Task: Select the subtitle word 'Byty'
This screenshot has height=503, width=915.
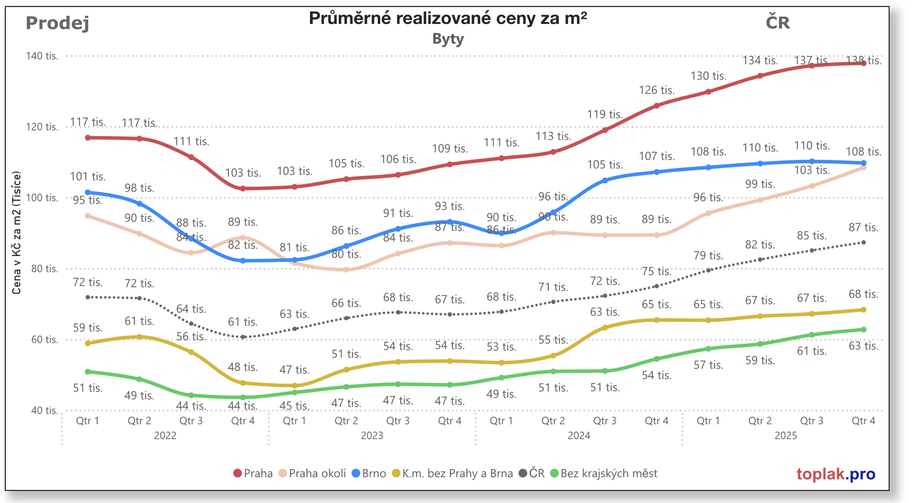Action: (x=447, y=39)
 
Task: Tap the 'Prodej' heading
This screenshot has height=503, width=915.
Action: (x=57, y=23)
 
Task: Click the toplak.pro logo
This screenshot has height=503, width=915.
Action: (x=835, y=474)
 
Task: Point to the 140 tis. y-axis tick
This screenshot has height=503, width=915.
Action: (x=41, y=56)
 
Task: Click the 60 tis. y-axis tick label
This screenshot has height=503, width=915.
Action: (x=44, y=339)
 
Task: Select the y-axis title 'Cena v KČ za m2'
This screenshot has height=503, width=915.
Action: (x=16, y=233)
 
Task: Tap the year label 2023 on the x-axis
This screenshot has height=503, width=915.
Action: (x=372, y=435)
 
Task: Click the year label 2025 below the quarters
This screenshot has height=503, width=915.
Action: (x=785, y=435)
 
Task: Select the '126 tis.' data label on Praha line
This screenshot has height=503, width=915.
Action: (x=656, y=90)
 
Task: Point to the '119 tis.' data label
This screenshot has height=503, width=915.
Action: (x=605, y=114)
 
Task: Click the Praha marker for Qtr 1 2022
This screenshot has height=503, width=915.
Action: (x=88, y=138)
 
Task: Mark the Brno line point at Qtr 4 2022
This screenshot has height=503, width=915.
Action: (x=243, y=261)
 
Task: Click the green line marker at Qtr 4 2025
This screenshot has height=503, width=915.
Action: (x=863, y=329)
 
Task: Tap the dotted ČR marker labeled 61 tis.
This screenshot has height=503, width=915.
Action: (x=243, y=337)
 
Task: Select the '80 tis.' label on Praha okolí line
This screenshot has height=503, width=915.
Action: (x=346, y=254)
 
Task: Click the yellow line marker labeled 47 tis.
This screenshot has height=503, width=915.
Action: (x=295, y=385)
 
